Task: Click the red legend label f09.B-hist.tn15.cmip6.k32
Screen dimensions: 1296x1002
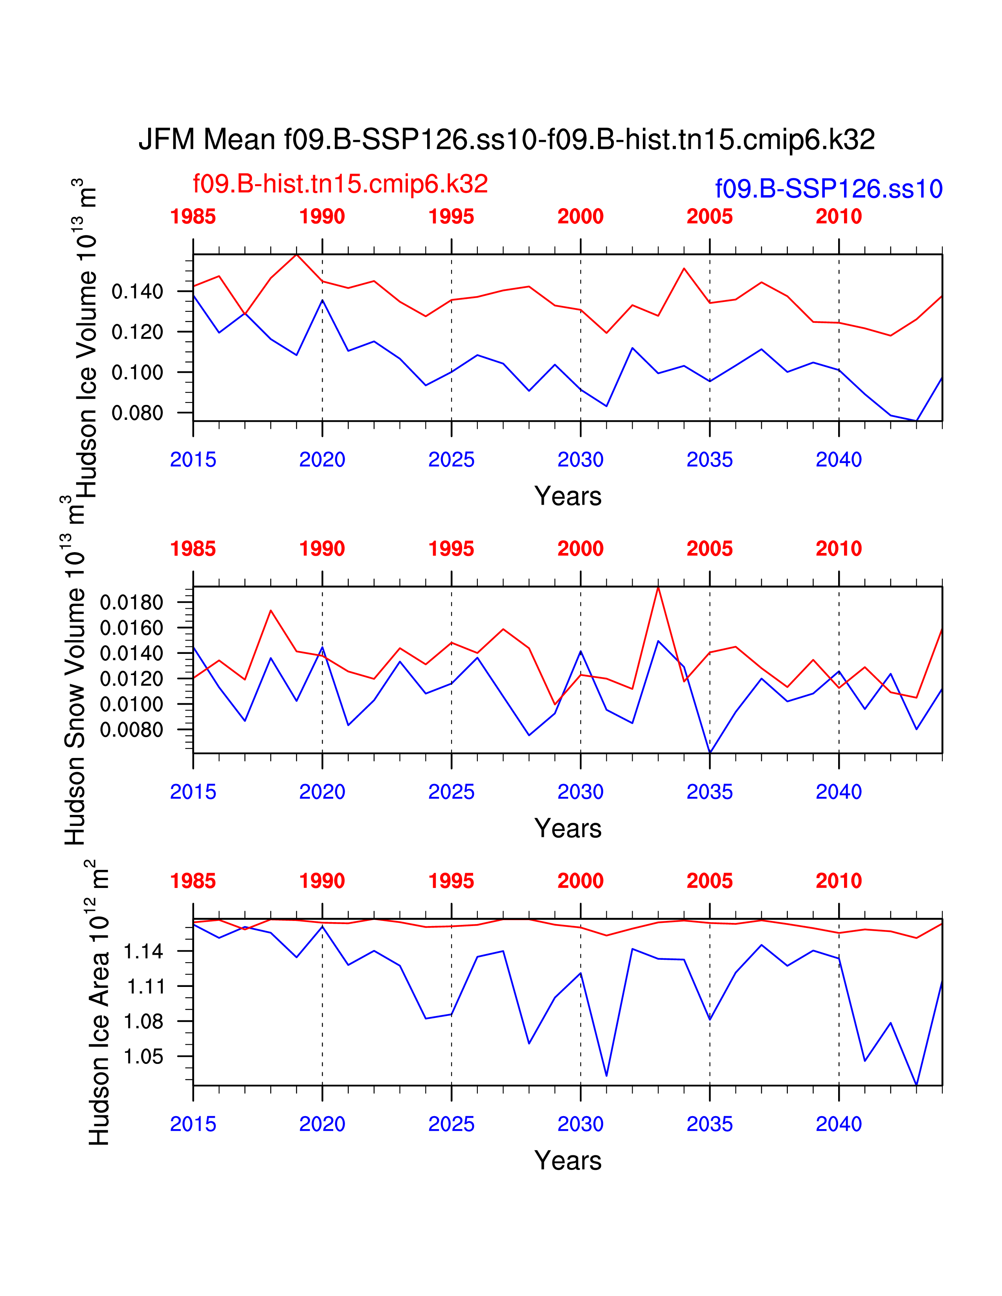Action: click(x=340, y=184)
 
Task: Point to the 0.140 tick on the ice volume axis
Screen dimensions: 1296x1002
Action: click(x=137, y=291)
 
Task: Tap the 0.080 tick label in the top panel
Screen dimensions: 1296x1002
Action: click(x=137, y=412)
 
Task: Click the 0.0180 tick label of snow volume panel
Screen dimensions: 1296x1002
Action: click(x=131, y=602)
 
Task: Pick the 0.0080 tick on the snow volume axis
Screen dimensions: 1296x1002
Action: click(x=131, y=729)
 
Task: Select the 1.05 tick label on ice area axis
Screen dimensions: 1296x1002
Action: click(x=143, y=1056)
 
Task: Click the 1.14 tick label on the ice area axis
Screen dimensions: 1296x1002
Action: click(x=143, y=951)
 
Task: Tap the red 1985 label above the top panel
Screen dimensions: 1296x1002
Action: click(x=193, y=217)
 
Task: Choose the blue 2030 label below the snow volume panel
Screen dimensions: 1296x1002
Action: click(x=580, y=792)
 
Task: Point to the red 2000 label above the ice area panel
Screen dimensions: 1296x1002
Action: click(x=580, y=880)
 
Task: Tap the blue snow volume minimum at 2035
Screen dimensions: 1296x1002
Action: click(x=710, y=752)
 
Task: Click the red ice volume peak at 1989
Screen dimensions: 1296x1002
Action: click(x=296, y=254)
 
